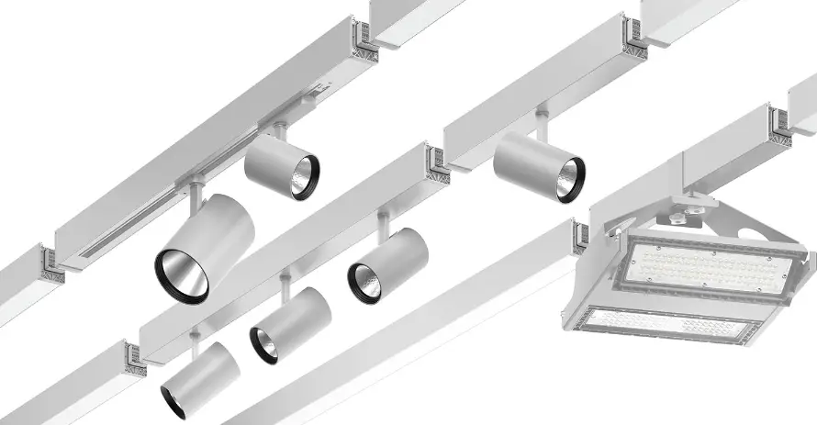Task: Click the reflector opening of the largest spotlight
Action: click(182, 274)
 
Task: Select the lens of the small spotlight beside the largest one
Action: click(304, 175)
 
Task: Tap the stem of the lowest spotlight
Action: click(195, 341)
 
